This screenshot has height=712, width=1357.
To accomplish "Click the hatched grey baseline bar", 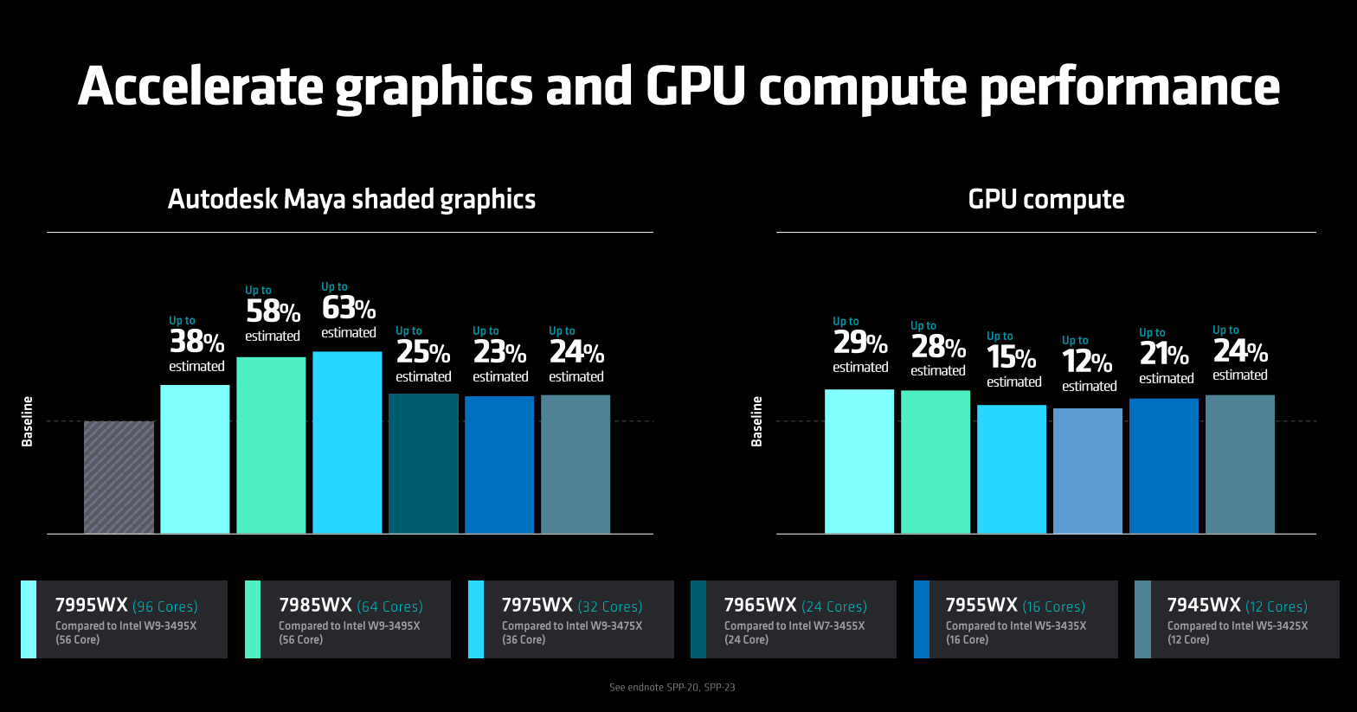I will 119,477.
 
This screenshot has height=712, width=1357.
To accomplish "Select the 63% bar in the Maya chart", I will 347,442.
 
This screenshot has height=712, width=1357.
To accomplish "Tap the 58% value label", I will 273,311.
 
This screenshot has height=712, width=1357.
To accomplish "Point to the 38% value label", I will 196,342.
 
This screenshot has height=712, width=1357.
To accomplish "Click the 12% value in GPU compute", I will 1088,362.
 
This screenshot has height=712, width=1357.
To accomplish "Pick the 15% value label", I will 1012,357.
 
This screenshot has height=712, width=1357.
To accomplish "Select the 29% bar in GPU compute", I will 859,461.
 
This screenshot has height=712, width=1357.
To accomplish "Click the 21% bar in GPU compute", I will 1164,465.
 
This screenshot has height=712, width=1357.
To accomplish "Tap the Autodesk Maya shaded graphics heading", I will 351,199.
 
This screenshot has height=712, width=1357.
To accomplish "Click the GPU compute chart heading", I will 1046,199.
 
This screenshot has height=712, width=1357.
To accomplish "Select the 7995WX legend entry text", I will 91,606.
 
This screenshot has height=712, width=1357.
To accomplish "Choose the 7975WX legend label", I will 537,606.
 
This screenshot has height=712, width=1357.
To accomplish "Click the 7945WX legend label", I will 1203,606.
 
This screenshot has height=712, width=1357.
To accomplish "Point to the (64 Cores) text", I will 389,606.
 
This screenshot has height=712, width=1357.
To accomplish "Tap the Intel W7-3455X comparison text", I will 794,625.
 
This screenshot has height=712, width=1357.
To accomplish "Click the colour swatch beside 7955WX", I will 922,619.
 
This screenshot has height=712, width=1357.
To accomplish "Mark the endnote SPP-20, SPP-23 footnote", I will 672,688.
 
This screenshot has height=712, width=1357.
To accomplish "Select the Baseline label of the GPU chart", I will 757,421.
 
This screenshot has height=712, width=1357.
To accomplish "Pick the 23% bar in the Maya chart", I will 499,465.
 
